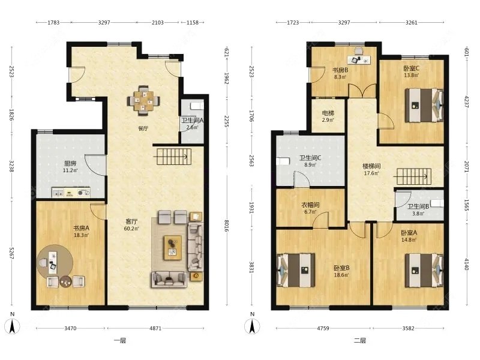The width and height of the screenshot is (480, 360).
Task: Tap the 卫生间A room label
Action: coord(192,120)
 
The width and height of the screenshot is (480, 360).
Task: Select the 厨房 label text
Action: coord(70,163)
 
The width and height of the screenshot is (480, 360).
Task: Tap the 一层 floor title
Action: coord(120,340)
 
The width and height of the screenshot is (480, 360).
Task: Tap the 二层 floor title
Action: coord(360,340)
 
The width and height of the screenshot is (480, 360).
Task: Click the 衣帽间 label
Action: coord(310,205)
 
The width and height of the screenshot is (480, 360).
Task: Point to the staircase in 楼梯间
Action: coord(412,176)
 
